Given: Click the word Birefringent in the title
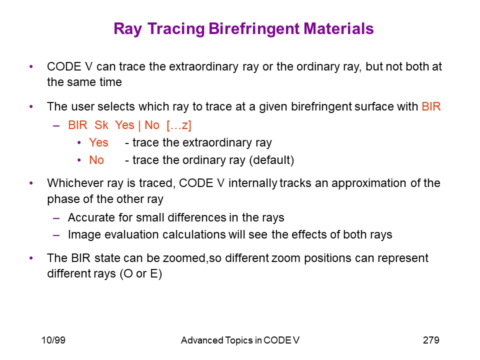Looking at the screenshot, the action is tap(254, 29).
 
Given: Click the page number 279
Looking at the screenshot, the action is tap(431, 340).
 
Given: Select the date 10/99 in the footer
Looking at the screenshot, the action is tap(53, 340).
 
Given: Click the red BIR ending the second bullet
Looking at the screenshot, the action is tap(431, 106).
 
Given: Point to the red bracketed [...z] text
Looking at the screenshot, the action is tap(179, 125).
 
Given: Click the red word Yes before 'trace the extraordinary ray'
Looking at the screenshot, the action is tap(98, 142).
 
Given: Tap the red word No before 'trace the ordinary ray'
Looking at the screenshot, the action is tap(96, 160).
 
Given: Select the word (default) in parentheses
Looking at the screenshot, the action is tap(271, 160).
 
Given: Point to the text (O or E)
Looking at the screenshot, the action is tap(141, 273).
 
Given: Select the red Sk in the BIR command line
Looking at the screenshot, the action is tap(101, 125).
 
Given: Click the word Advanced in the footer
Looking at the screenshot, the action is tap(202, 340).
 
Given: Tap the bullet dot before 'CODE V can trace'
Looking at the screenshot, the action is tap(31, 66).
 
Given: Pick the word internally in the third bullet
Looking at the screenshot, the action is tap(252, 183).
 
